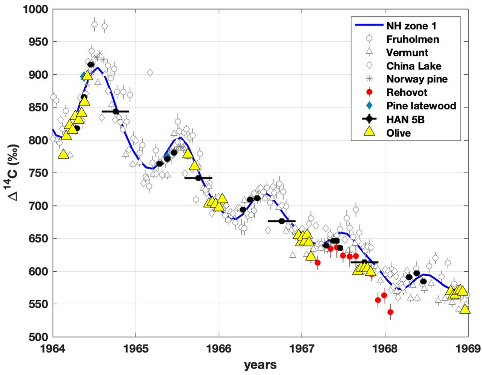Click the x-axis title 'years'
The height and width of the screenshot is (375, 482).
260,366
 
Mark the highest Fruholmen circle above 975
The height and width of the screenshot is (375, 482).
95,24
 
